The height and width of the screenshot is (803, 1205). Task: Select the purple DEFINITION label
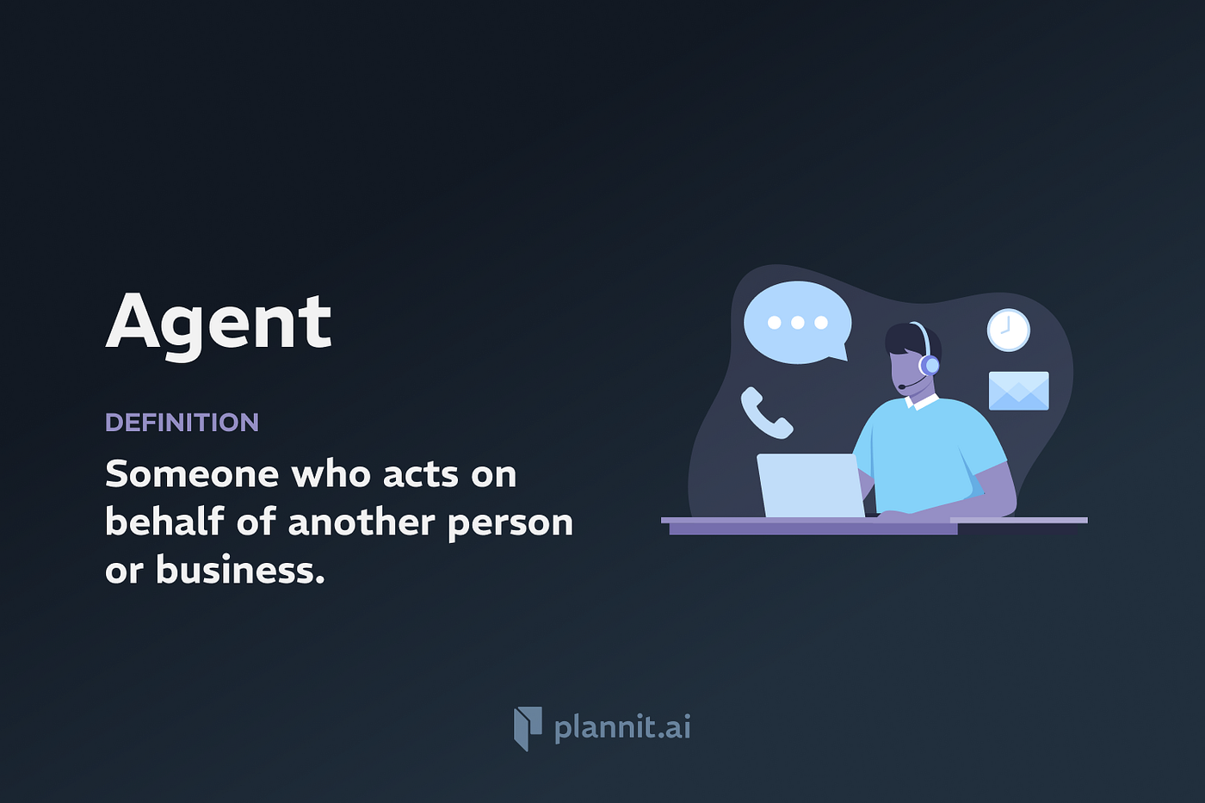[182, 423]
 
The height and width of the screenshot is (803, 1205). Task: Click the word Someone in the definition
[192, 474]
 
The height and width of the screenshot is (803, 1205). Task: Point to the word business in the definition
[240, 569]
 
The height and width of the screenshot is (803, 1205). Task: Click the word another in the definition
[361, 522]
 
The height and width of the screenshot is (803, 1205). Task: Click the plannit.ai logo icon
[528, 728]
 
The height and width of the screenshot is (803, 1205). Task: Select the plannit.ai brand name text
[622, 728]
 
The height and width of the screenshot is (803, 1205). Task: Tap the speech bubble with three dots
[797, 323]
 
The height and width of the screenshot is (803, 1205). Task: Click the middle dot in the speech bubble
[798, 322]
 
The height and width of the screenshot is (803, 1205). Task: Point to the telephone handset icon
[766, 412]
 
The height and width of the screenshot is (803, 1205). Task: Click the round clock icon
[1008, 330]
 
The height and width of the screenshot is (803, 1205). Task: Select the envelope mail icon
[1018, 391]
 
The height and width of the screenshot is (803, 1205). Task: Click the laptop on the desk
[811, 485]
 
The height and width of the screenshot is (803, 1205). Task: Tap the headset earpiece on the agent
[929, 365]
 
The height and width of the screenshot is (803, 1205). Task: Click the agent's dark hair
[911, 339]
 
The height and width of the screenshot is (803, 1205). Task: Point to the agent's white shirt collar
[921, 401]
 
